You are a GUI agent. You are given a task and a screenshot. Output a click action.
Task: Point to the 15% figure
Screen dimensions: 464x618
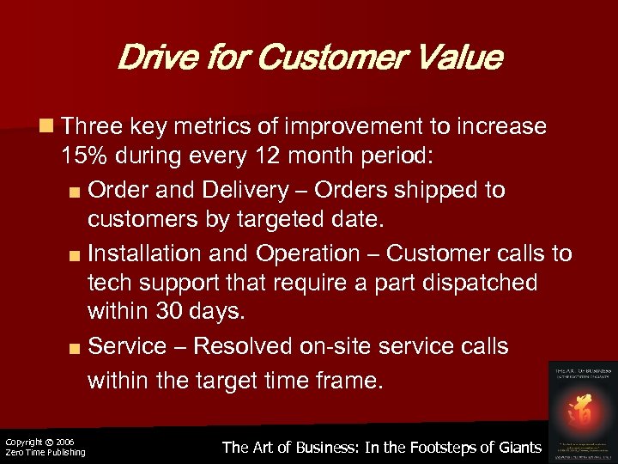[83, 158]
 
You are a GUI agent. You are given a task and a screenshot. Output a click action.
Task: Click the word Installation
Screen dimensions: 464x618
[138, 253]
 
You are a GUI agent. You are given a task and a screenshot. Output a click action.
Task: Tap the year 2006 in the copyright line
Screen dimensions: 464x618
[64, 442]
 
